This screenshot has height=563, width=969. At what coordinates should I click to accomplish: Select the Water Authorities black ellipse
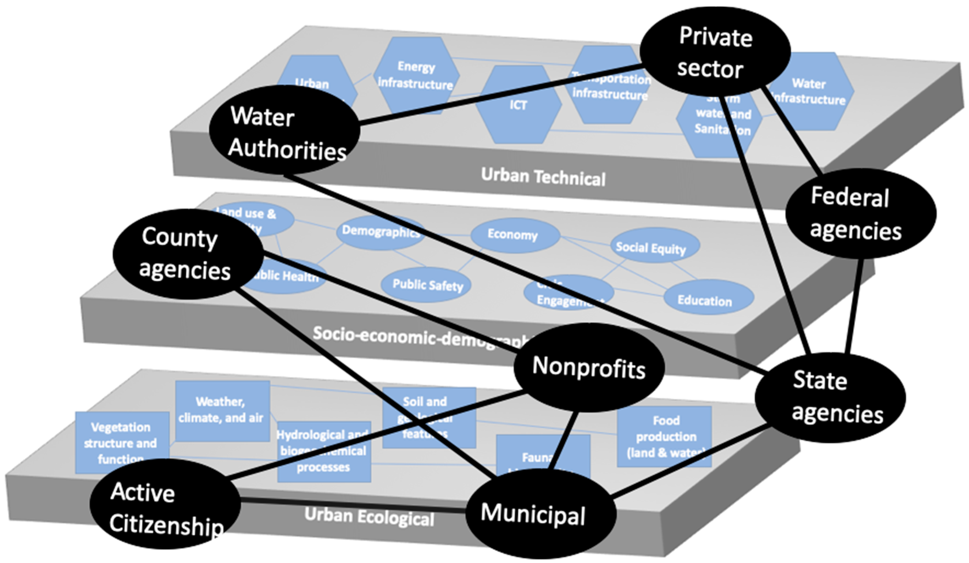click(x=285, y=131)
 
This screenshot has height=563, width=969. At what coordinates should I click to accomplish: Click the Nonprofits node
click(x=589, y=367)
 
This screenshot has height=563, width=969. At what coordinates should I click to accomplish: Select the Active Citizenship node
click(x=165, y=504)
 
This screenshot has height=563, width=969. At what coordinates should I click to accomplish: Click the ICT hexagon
click(x=518, y=104)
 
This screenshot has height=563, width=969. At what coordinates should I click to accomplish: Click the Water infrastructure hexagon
click(x=811, y=91)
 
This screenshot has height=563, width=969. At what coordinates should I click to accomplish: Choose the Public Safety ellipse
click(x=427, y=285)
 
